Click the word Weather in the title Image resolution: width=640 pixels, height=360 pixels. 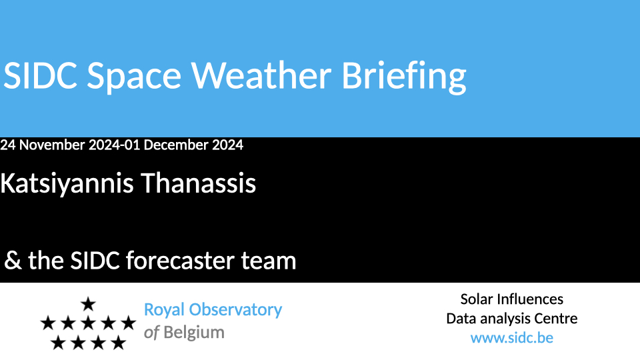pyautogui.click(x=261, y=75)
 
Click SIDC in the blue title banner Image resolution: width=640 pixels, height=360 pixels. pyautogui.click(x=40, y=75)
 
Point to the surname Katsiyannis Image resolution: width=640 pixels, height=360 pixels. pyautogui.click(x=67, y=184)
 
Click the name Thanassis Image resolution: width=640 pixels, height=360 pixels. pyautogui.click(x=199, y=183)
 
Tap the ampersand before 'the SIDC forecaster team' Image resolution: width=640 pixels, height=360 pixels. pyautogui.click(x=13, y=260)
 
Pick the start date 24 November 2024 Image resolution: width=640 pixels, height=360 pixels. pyautogui.click(x=61, y=145)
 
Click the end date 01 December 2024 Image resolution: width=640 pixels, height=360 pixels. pyautogui.click(x=184, y=145)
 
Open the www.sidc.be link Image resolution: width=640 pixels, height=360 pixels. pyautogui.click(x=512, y=338)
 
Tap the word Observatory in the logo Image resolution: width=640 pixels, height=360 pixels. pyautogui.click(x=235, y=311)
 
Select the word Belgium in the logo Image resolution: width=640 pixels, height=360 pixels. pyautogui.click(x=194, y=333)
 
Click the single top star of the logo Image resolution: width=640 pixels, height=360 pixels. pyautogui.click(x=88, y=304)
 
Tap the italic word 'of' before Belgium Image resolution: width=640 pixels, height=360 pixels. pyautogui.click(x=151, y=333)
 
